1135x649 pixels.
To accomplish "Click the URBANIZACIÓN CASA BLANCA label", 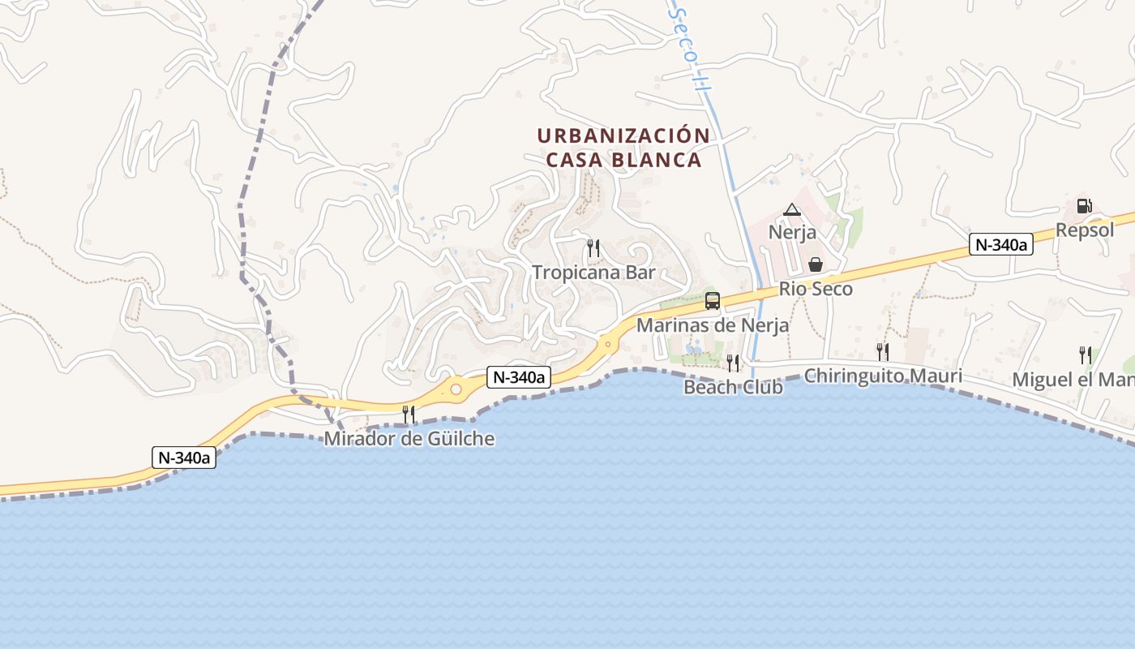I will (x=623, y=148).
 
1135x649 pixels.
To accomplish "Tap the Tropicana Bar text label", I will (x=593, y=273).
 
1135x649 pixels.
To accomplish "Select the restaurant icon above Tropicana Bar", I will (x=593, y=247).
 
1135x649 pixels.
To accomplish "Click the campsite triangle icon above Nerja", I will (x=792, y=210).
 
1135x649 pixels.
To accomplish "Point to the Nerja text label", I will (x=792, y=233).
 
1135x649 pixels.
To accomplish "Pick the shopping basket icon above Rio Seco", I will (x=816, y=264).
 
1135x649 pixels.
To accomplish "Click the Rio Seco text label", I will (x=816, y=289).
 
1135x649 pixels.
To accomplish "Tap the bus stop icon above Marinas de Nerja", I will (x=713, y=301).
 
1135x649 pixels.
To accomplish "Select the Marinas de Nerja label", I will (x=713, y=325).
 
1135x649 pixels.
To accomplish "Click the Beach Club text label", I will (x=733, y=387).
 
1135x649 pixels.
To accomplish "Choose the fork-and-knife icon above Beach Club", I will (x=733, y=363).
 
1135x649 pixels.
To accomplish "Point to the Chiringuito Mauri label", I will (x=883, y=376).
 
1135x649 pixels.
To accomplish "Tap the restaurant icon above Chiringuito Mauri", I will (x=883, y=351).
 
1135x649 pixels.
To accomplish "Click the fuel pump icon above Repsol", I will (x=1085, y=206).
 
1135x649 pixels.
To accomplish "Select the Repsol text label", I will (x=1085, y=230).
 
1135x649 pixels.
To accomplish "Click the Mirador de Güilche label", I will (x=409, y=439).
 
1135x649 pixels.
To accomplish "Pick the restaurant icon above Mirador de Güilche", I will (x=409, y=414).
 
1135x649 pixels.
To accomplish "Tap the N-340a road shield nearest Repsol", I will (x=1000, y=244).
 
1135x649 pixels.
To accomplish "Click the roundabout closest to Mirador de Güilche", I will (x=456, y=390).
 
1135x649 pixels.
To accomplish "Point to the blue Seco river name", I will (x=684, y=41).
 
